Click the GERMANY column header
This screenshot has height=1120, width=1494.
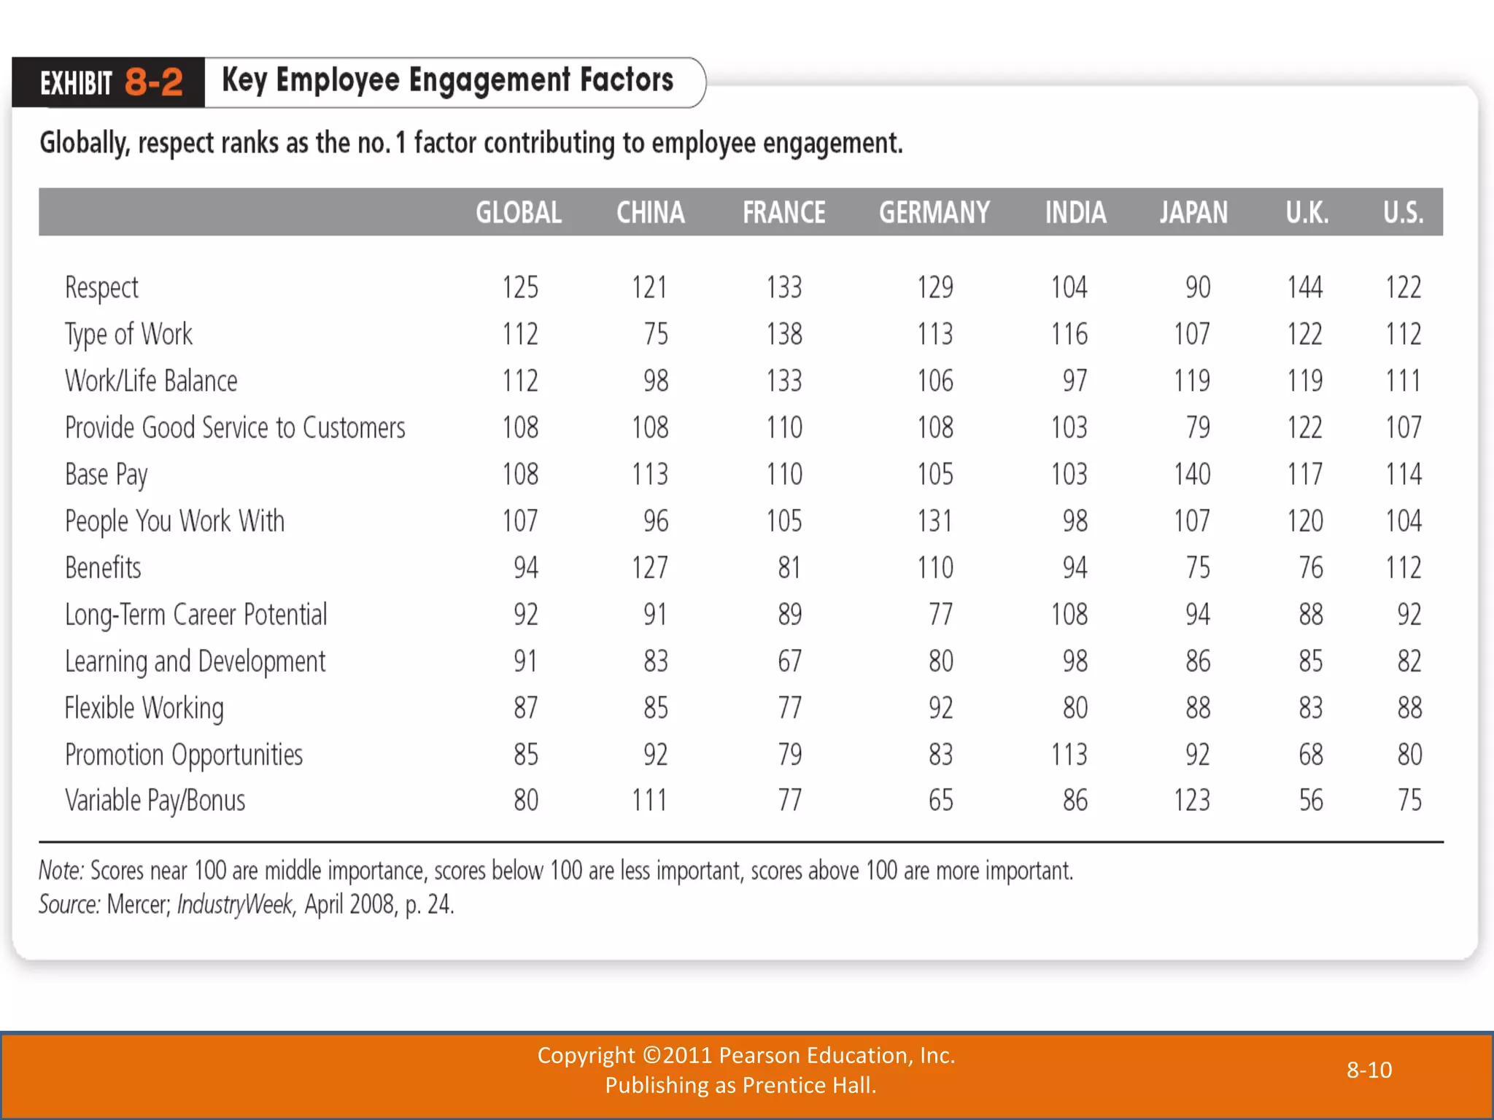pyautogui.click(x=934, y=213)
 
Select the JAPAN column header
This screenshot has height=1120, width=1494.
pyautogui.click(x=1193, y=213)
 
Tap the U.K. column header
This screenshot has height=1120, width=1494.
pyautogui.click(x=1307, y=213)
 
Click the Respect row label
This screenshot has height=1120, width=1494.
pyautogui.click(x=101, y=287)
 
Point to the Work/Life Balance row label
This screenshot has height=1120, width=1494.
pyautogui.click(x=151, y=381)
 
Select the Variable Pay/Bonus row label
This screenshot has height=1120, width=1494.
pyautogui.click(x=155, y=801)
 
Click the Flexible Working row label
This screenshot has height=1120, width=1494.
pyautogui.click(x=144, y=707)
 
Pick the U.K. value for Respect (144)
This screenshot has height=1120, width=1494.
pyautogui.click(x=1304, y=287)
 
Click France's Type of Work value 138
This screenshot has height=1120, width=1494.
pyautogui.click(x=783, y=334)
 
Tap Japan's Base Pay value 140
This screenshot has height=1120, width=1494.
pyautogui.click(x=1192, y=474)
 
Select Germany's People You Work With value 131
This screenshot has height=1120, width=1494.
pyautogui.click(x=934, y=521)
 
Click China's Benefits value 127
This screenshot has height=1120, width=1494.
pyautogui.click(x=649, y=567)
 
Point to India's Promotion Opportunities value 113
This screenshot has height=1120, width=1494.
pyautogui.click(x=1069, y=754)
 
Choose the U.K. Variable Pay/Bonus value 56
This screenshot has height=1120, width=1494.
pyautogui.click(x=1310, y=801)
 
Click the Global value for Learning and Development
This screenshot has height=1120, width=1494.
pyautogui.click(x=525, y=661)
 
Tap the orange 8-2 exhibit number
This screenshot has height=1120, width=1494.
pyautogui.click(x=153, y=82)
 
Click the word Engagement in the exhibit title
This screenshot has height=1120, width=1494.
pyautogui.click(x=489, y=80)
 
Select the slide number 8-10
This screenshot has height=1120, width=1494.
pyautogui.click(x=1369, y=1070)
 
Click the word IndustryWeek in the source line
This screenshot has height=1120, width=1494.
pyautogui.click(x=235, y=904)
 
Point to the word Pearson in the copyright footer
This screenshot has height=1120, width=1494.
pyautogui.click(x=754, y=1055)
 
